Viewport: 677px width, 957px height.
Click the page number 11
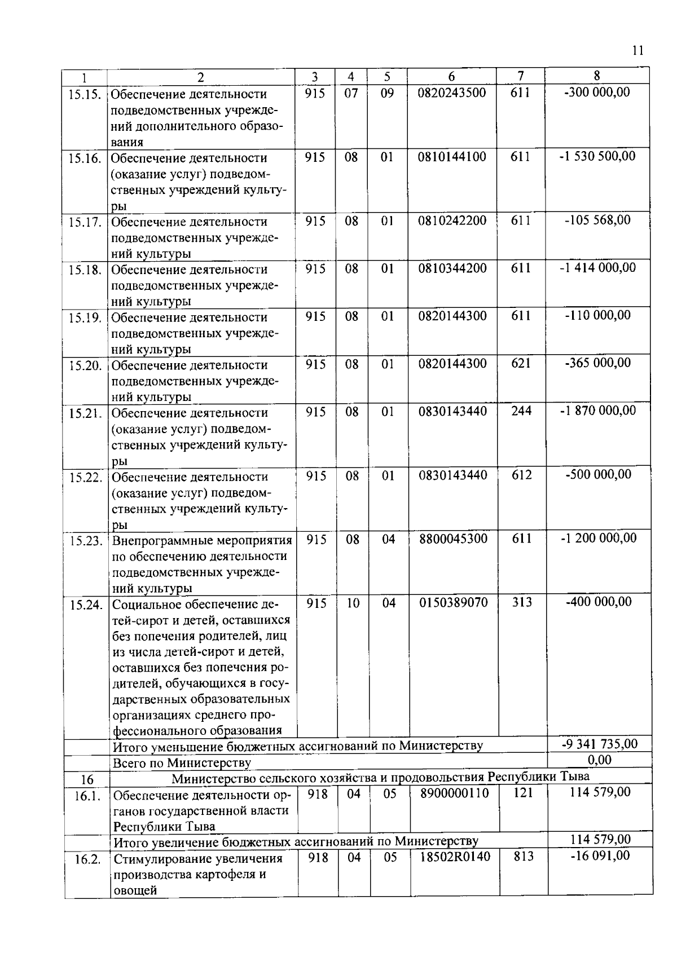(637, 51)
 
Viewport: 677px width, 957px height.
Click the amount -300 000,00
(597, 92)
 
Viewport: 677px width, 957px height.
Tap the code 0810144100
(451, 157)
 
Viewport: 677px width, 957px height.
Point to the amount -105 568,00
(597, 220)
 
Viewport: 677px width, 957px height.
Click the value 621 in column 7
(520, 364)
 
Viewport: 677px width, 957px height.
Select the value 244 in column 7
(521, 411)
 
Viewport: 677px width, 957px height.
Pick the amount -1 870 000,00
(597, 411)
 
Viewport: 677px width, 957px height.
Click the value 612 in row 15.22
(521, 475)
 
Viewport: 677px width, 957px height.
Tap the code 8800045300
(453, 539)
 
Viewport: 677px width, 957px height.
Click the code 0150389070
(453, 603)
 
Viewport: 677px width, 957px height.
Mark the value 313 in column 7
(522, 603)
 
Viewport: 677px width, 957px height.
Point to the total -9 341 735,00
(599, 744)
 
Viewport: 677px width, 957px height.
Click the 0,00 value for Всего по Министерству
(599, 760)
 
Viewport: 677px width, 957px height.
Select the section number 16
(87, 780)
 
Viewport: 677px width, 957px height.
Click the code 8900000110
(454, 793)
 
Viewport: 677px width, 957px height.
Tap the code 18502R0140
(455, 857)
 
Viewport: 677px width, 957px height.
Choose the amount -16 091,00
(600, 856)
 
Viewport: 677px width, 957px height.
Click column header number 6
(451, 77)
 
